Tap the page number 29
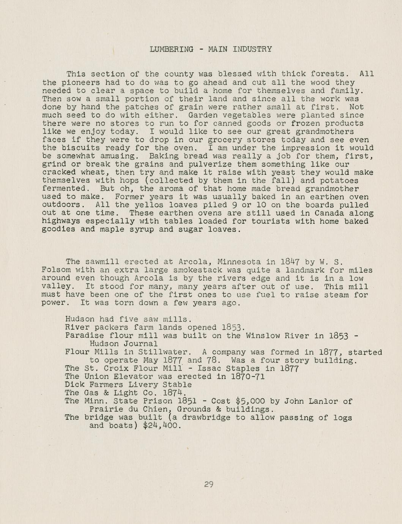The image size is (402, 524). (x=208, y=485)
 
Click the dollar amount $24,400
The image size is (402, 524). (x=160, y=426)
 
